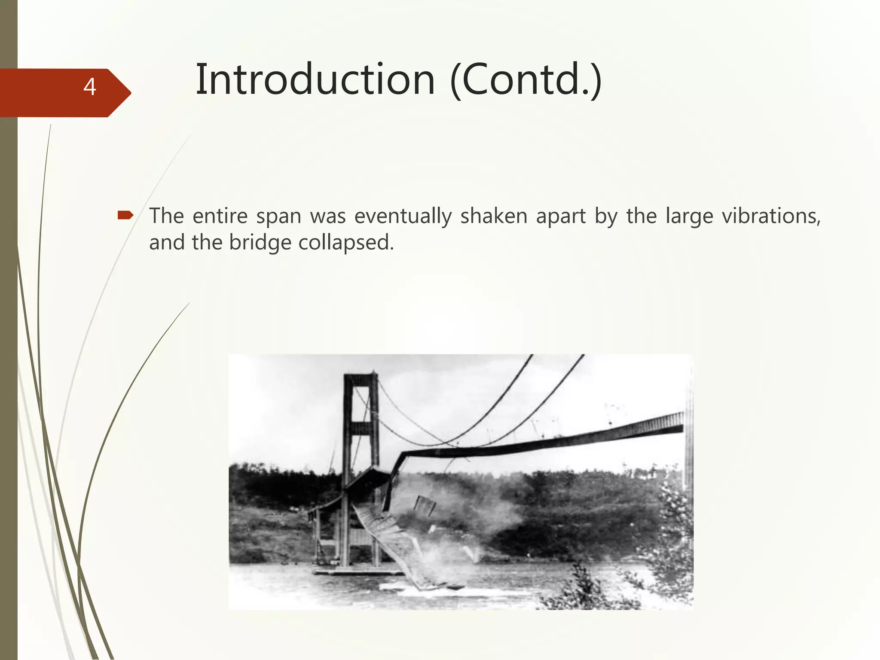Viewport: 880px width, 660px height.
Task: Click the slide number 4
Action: point(89,87)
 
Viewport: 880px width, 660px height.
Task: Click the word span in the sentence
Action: point(278,217)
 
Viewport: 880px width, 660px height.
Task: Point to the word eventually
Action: point(403,217)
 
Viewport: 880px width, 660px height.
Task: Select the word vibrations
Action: point(771,216)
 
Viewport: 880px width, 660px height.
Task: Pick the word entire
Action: point(220,216)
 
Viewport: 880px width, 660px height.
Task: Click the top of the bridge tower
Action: point(361,377)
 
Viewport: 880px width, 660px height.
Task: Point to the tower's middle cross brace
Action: point(361,428)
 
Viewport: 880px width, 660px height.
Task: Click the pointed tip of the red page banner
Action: point(130,92)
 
